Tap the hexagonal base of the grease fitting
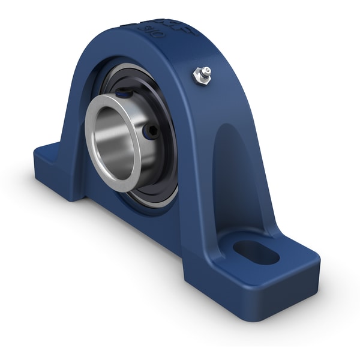click(200, 77)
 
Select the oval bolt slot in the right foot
click(256, 252)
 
